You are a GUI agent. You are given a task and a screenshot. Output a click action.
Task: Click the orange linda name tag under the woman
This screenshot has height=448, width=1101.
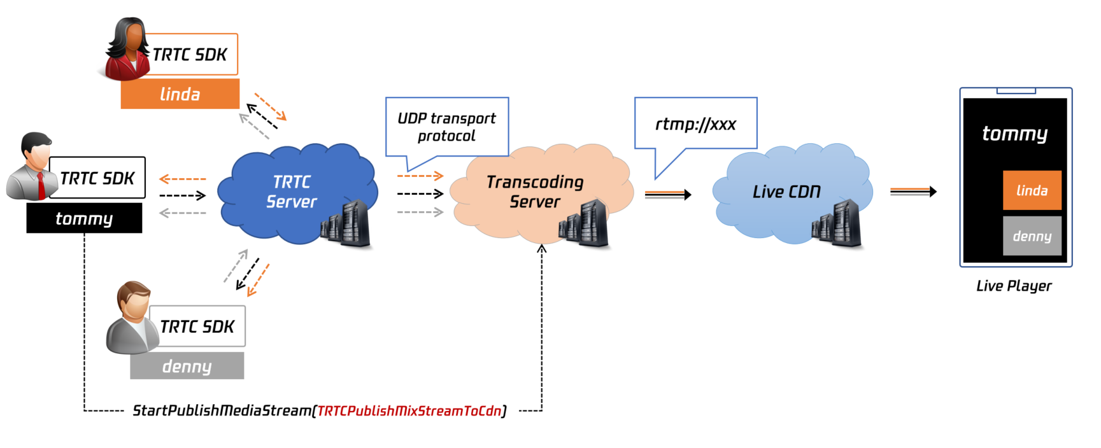click(x=180, y=94)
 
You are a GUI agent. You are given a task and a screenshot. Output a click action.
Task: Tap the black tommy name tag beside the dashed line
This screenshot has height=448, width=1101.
click(x=84, y=219)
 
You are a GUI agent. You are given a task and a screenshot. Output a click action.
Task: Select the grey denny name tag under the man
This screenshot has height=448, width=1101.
click(x=187, y=367)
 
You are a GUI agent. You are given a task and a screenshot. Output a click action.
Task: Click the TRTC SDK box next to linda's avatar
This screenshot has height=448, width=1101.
click(x=191, y=55)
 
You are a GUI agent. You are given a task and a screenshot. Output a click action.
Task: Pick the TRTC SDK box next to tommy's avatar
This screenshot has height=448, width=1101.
click(x=97, y=178)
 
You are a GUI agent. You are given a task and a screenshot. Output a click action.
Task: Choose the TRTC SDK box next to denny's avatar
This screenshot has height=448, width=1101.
click(x=197, y=326)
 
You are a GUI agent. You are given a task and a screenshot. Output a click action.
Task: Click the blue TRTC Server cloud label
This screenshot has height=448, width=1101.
click(x=291, y=192)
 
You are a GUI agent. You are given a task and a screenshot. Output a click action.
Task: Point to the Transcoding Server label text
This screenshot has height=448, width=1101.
click(x=535, y=192)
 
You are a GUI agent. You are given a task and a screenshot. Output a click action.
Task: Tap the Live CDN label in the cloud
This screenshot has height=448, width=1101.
click(x=786, y=192)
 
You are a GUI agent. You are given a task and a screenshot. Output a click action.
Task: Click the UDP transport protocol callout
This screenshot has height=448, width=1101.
click(x=446, y=127)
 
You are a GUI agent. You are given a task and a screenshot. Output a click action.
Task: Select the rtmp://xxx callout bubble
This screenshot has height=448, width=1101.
click(x=695, y=123)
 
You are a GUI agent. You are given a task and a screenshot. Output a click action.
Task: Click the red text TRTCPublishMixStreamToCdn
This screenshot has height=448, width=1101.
click(x=409, y=411)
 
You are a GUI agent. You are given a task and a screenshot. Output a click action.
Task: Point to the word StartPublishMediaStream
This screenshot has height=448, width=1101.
click(x=222, y=411)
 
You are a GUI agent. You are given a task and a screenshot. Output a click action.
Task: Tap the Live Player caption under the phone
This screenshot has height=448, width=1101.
click(x=1014, y=286)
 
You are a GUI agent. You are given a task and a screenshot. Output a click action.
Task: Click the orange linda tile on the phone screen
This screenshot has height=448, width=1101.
click(x=1032, y=190)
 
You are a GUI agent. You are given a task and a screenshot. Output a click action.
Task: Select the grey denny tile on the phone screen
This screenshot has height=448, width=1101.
click(x=1032, y=236)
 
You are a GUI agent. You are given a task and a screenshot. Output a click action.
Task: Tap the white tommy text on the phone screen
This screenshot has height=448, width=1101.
click(x=1014, y=134)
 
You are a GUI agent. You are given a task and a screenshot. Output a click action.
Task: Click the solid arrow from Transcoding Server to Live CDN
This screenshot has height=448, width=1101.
click(x=667, y=194)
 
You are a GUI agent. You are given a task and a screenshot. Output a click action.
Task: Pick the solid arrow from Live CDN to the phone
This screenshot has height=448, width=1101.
click(x=913, y=192)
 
